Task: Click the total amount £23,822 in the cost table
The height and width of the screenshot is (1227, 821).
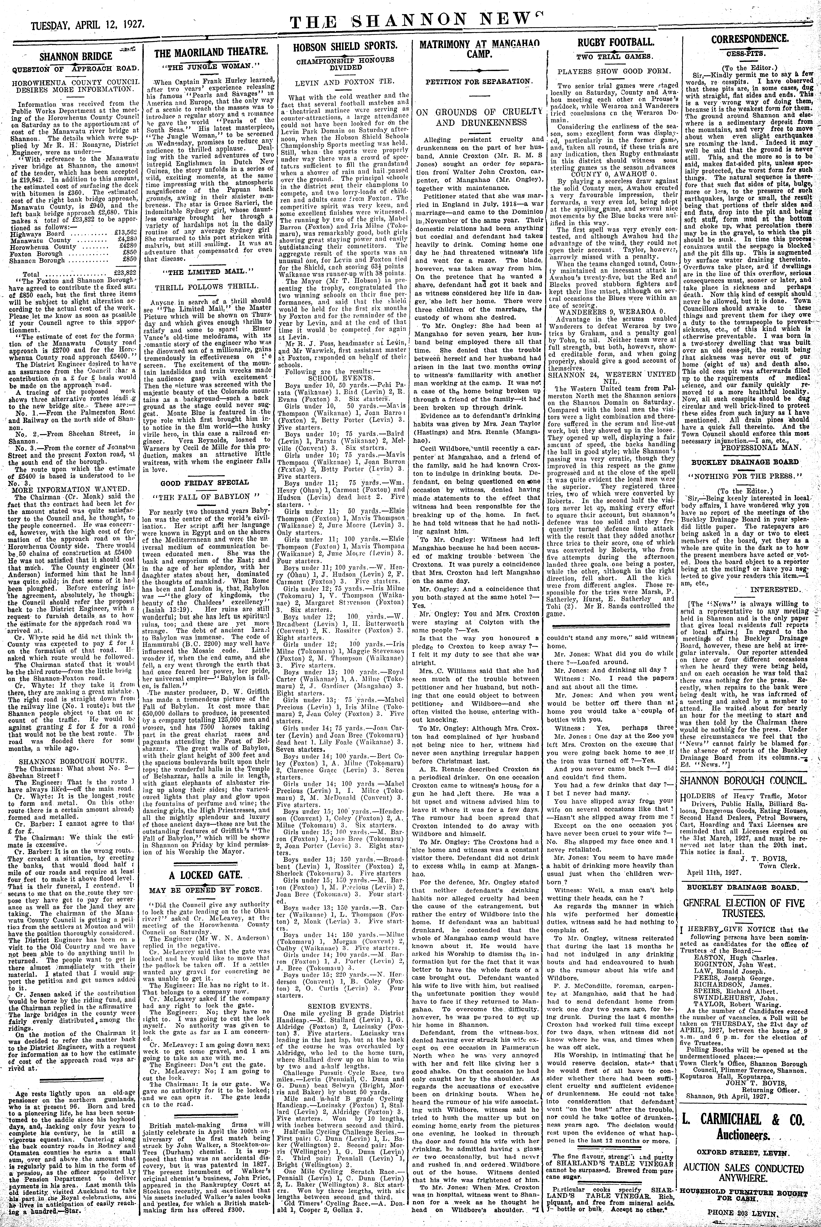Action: pos(125,273)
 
